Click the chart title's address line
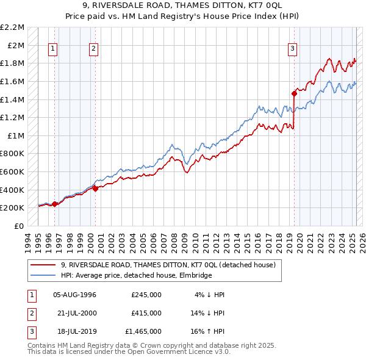[x=183, y=6]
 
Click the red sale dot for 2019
[x=294, y=93]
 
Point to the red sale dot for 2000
[x=96, y=189]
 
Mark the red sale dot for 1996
[x=54, y=204]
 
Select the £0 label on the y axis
[x=20, y=226]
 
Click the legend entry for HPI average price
[x=136, y=276]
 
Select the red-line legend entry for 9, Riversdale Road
[x=168, y=265]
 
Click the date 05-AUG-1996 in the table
[x=75, y=295]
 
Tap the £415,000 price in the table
[x=146, y=313]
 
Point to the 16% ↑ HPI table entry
[x=208, y=331]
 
